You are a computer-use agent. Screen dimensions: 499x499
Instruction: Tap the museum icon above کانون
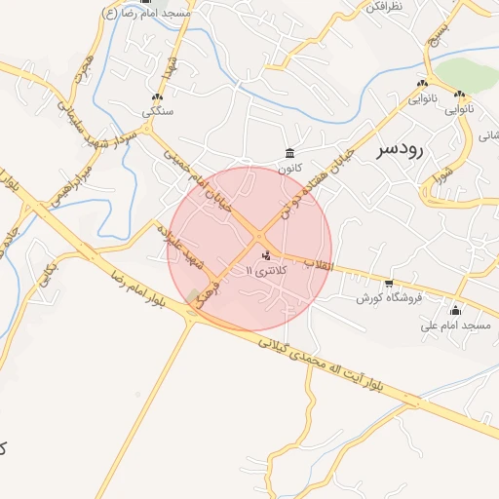click(289, 152)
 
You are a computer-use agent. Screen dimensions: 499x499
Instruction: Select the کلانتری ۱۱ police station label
click(266, 270)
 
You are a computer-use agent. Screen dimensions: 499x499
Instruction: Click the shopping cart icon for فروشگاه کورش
click(389, 284)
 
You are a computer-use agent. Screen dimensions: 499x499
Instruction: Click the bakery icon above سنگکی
click(157, 96)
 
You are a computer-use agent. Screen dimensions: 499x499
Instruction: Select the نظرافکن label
click(384, 6)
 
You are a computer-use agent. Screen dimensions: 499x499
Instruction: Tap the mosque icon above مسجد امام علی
click(454, 311)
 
